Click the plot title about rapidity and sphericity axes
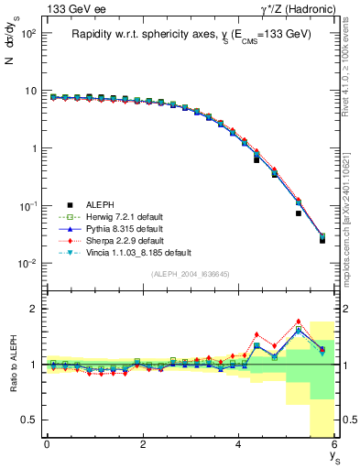(191, 34)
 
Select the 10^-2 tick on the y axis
(27, 264)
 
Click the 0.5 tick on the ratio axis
(27, 420)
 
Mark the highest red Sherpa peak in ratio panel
(299, 322)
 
